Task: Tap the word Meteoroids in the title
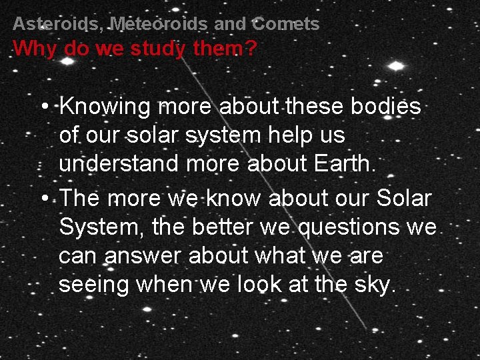[158, 25]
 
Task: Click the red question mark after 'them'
[250, 49]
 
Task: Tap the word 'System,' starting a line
[100, 227]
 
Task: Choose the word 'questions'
[349, 227]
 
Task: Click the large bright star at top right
[397, 65]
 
